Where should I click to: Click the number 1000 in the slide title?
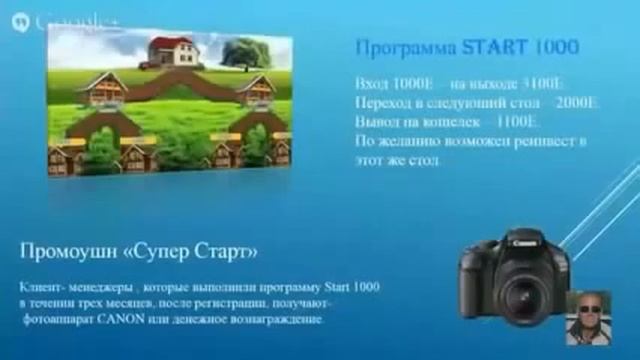point(558,47)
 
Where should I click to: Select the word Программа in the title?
point(407,47)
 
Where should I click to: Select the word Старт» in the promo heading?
point(234,245)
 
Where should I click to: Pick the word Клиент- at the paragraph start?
point(43,286)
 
